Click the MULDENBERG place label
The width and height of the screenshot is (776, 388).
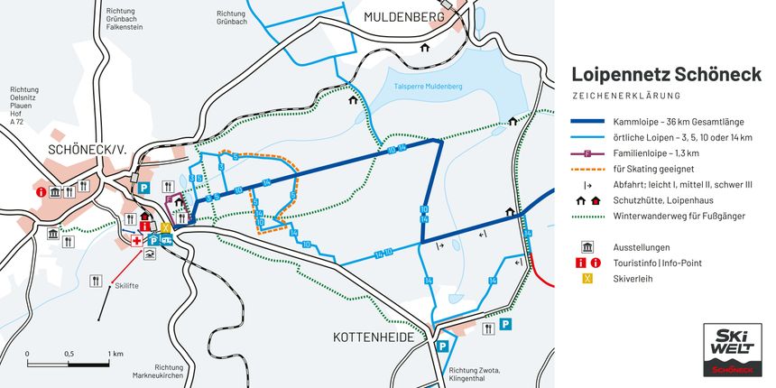click(x=405, y=17)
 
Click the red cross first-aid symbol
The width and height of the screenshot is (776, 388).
click(x=137, y=241)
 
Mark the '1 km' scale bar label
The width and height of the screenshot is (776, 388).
click(x=115, y=354)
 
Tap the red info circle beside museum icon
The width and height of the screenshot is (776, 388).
click(x=41, y=191)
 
